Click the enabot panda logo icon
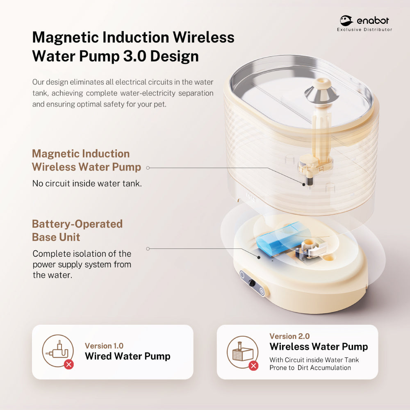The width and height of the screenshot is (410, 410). coord(346,20)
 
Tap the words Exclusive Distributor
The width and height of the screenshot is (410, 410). coord(364,30)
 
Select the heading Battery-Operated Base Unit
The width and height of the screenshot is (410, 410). coord(77,230)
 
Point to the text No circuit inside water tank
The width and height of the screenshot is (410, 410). coord(87,183)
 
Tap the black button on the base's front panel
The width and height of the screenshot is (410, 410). coord(252,282)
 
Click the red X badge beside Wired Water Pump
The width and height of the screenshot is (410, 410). coord(69,364)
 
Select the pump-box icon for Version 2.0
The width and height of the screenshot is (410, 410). coord(243,352)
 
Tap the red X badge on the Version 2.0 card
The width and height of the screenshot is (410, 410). coord(253,366)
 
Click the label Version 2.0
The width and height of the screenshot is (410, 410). coord(289,336)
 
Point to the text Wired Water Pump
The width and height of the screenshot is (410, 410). coord(128,356)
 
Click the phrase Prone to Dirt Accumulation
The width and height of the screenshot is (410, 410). coord(310,368)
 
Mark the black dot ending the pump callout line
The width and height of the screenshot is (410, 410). coord(303,184)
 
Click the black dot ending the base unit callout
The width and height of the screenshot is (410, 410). coord(259,257)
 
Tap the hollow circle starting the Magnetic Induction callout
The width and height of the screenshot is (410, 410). coord(148,168)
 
